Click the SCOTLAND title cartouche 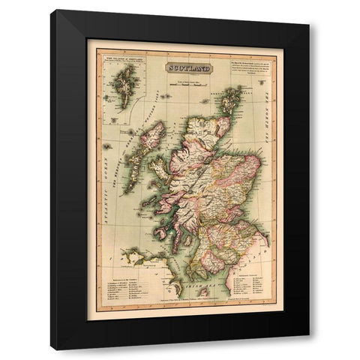click(187, 68)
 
